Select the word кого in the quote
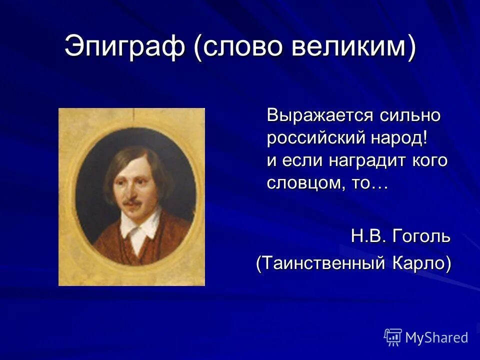click(427, 161)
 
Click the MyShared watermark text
click(436, 338)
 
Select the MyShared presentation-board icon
click(393, 337)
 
